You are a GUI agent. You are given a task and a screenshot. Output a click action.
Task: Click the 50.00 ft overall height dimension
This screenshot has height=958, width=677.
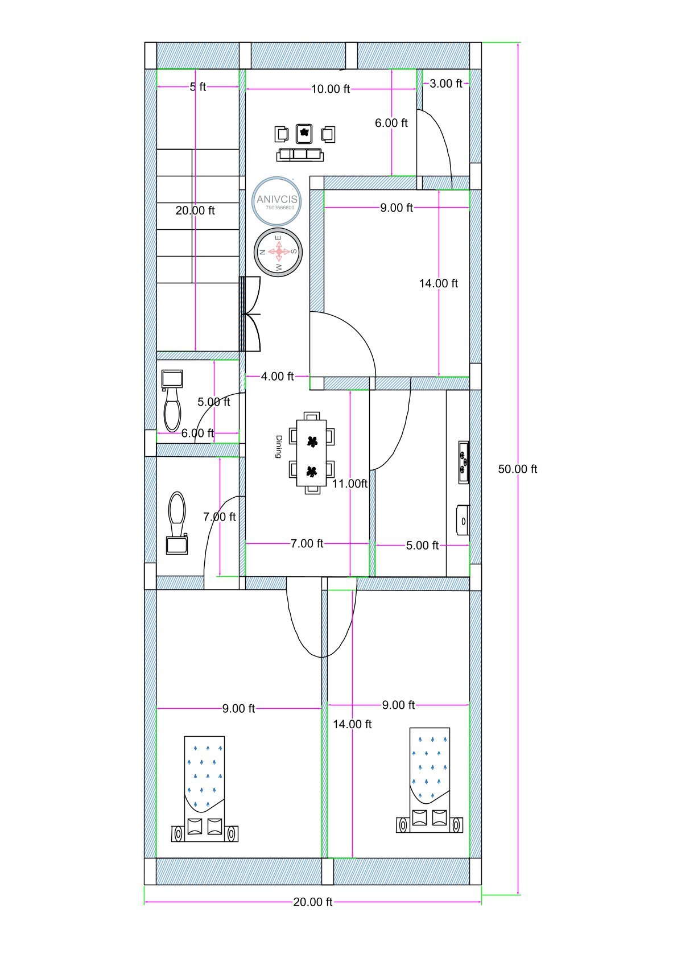point(517,469)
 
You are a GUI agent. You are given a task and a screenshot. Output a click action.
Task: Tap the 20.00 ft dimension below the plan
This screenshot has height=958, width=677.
point(312,902)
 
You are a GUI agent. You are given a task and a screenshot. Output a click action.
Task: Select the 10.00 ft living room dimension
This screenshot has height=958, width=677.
point(330,89)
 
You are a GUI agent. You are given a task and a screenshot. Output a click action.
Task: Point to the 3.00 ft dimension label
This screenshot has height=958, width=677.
point(445,84)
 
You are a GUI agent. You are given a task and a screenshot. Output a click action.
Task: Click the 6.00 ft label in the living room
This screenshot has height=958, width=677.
point(391,123)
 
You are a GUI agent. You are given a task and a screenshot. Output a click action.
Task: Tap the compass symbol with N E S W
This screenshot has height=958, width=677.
point(278,253)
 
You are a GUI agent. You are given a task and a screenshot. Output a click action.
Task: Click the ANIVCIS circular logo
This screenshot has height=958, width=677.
point(276,200)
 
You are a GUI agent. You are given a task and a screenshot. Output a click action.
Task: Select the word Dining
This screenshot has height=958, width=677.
point(279,447)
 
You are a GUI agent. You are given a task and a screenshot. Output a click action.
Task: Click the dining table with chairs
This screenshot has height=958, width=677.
point(311,453)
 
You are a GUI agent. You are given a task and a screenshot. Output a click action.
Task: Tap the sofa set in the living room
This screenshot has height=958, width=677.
point(300,143)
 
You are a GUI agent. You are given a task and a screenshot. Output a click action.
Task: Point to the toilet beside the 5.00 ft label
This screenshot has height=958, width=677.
point(172,401)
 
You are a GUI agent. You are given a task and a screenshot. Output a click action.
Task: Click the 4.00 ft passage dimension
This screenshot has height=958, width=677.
point(277,377)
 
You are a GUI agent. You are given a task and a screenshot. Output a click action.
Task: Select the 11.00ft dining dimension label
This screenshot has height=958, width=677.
point(350,484)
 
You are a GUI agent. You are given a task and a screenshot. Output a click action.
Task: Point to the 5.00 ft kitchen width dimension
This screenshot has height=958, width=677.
point(422,546)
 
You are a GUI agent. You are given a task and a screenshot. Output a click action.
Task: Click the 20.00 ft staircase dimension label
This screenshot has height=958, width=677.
point(195,210)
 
